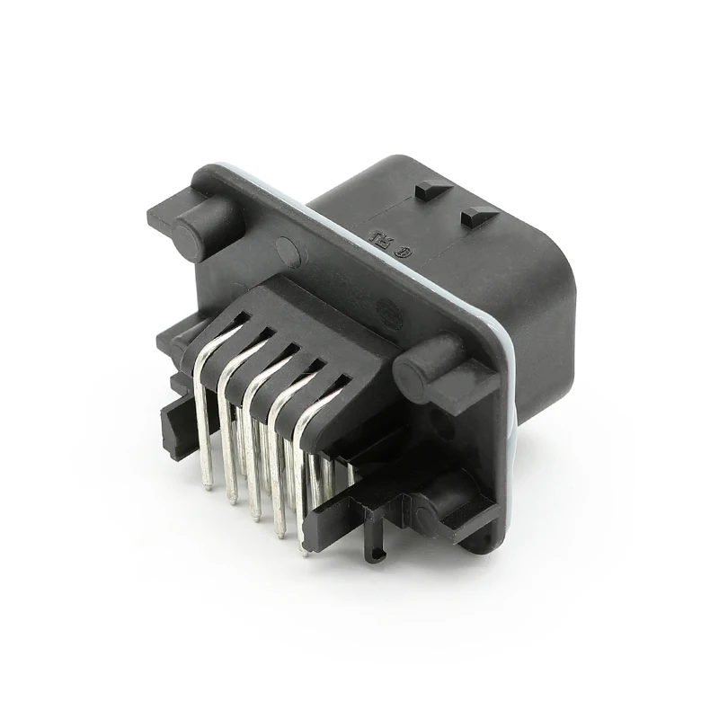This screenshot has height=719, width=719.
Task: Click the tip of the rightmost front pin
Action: click(x=303, y=551)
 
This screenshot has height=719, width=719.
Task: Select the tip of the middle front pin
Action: click(x=256, y=518)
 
